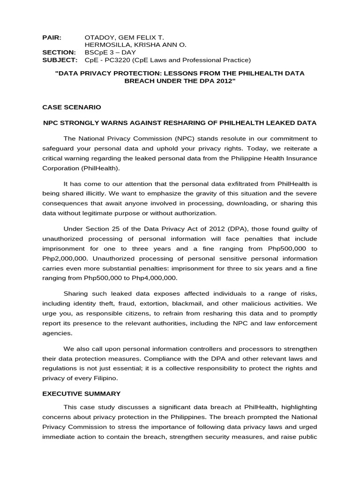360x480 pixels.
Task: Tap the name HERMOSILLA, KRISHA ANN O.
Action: pos(135,45)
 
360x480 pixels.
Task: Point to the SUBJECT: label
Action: pos(60,60)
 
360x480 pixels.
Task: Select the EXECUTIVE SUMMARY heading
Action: pos(82,394)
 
